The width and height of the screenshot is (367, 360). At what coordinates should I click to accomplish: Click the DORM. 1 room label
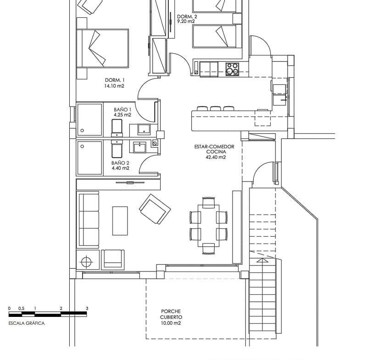click(x=114, y=80)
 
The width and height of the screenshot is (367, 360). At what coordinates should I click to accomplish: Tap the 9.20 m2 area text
click(x=186, y=21)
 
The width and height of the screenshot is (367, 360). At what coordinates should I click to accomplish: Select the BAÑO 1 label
click(x=122, y=110)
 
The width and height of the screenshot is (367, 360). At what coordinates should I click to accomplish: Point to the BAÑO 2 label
click(x=120, y=163)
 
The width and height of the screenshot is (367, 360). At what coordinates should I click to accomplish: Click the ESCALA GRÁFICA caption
click(x=27, y=323)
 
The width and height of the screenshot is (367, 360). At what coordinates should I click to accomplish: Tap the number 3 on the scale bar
click(x=86, y=309)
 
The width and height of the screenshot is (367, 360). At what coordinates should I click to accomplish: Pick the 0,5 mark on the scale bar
click(x=22, y=309)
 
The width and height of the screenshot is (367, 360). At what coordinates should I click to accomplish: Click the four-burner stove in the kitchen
click(x=232, y=68)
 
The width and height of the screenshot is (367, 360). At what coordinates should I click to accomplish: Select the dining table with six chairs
click(x=208, y=226)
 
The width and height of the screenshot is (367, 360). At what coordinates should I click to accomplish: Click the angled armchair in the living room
click(x=155, y=209)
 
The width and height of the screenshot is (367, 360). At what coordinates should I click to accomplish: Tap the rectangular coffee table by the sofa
click(x=120, y=220)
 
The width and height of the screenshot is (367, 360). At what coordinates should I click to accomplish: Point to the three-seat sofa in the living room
click(x=88, y=221)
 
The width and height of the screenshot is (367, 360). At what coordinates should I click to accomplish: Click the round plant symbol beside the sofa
click(x=87, y=262)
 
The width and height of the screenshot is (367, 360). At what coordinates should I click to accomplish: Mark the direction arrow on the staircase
click(x=262, y=260)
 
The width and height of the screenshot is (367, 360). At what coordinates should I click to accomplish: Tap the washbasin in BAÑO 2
click(x=139, y=147)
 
